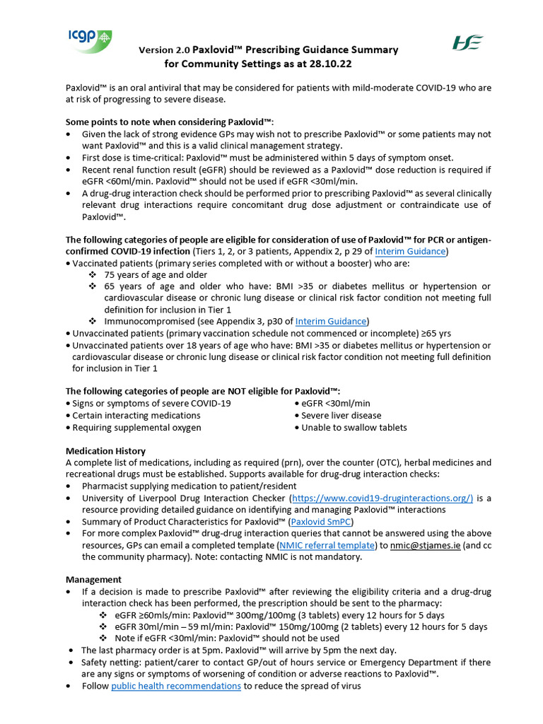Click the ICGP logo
click(90, 40)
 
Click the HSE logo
click(467, 42)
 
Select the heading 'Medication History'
click(105, 450)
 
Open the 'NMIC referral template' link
click(327, 544)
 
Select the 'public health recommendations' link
click(176, 685)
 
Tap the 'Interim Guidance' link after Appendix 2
click(409, 251)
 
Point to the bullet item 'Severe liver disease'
click(341, 415)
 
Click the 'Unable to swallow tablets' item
click(354, 427)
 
